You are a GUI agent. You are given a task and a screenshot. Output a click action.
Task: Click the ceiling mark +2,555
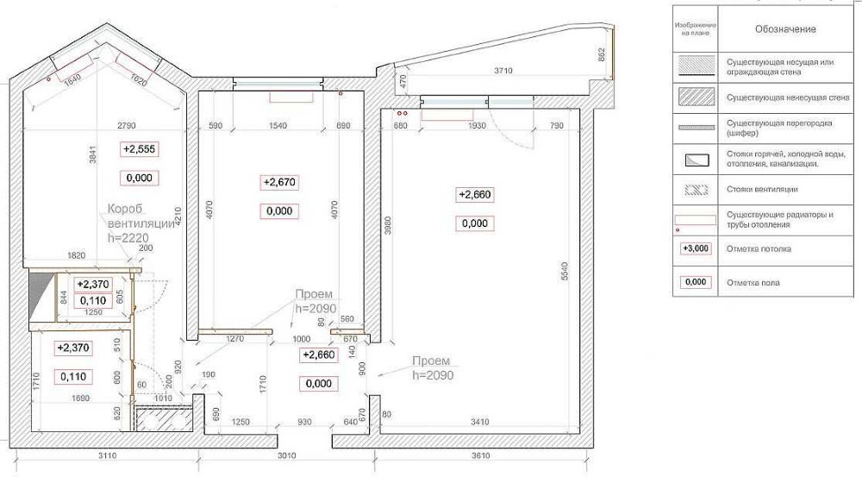click(x=140, y=149)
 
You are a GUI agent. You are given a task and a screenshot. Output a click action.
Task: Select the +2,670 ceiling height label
click(x=278, y=182)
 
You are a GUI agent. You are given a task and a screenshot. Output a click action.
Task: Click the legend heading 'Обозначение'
click(x=785, y=29)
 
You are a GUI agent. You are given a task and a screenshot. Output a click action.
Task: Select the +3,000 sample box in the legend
click(x=696, y=249)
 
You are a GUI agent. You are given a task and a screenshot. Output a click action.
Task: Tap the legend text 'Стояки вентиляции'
click(x=762, y=189)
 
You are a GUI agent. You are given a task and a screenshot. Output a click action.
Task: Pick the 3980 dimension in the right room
click(x=387, y=226)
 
